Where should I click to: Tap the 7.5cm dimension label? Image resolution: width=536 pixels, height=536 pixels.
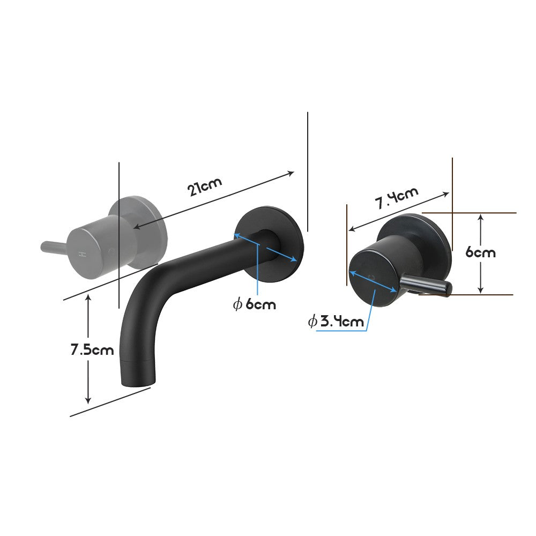tap(92, 350)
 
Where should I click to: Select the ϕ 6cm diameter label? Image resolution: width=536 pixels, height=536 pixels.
tap(255, 304)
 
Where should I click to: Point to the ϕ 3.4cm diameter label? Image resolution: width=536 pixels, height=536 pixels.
tap(336, 322)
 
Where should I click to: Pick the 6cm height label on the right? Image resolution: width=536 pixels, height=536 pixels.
tap(480, 252)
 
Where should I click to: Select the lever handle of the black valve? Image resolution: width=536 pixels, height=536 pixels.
tap(426, 284)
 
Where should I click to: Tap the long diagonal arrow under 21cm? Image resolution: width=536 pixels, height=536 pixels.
tap(214, 199)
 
